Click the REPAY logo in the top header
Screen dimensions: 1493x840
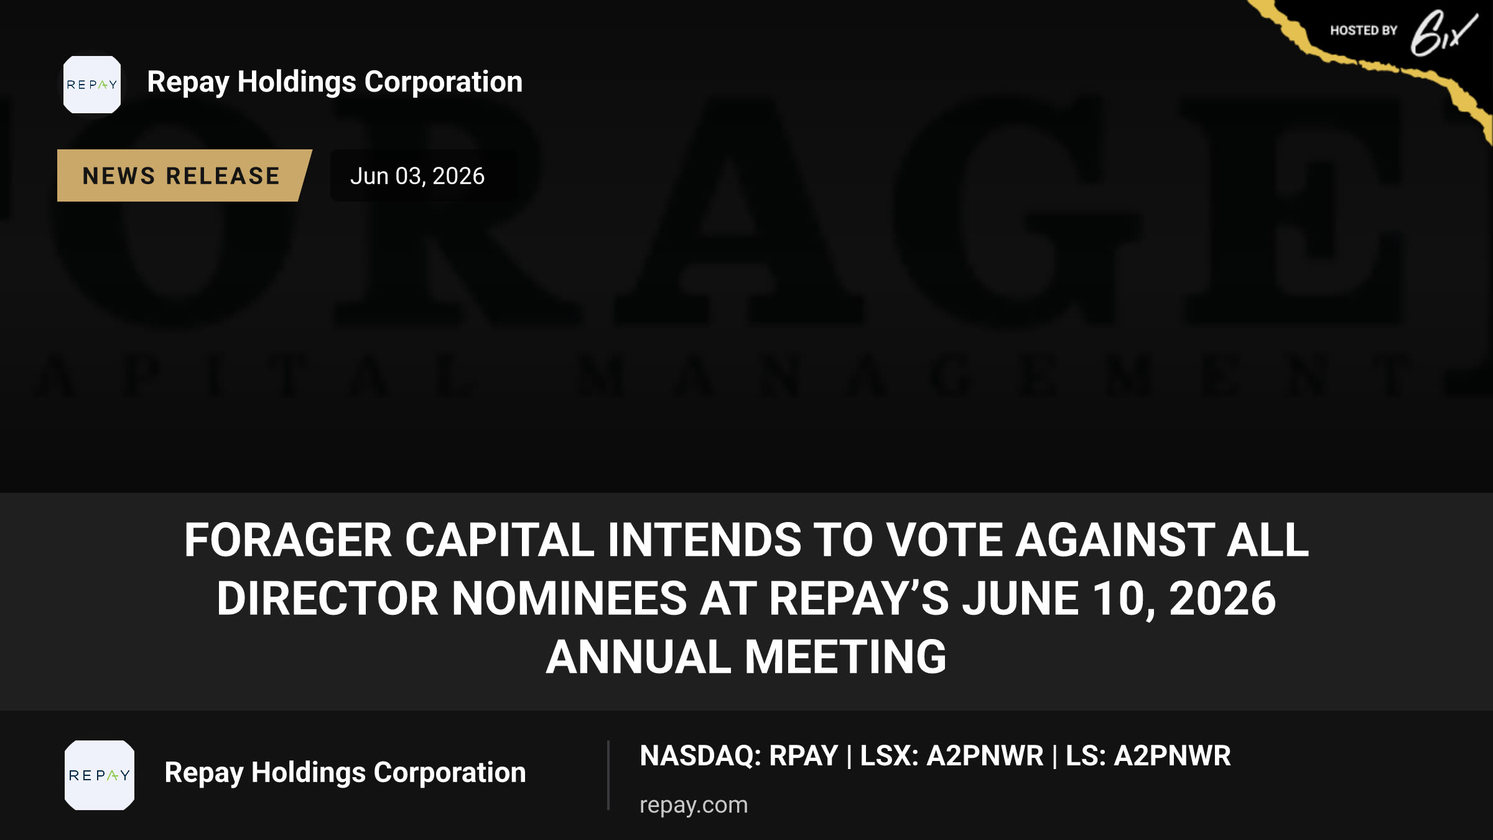pyautogui.click(x=92, y=85)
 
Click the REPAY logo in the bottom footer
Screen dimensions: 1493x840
pyautogui.click(x=100, y=775)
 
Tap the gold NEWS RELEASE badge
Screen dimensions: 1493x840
pyautogui.click(x=182, y=175)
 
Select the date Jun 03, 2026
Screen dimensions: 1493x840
pyautogui.click(x=417, y=176)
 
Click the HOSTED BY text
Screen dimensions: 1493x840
pyautogui.click(x=1364, y=30)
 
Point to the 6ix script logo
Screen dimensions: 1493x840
pyautogui.click(x=1443, y=33)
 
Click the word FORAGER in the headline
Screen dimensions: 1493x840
pyautogui.click(x=287, y=539)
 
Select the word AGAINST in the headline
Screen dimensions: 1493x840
pyautogui.click(x=1115, y=539)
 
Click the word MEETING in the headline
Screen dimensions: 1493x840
pyautogui.click(x=845, y=657)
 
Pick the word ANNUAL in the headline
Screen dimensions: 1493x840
pyautogui.click(x=638, y=657)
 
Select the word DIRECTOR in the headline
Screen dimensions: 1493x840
pyautogui.click(x=327, y=599)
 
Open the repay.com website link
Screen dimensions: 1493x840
pyautogui.click(x=694, y=805)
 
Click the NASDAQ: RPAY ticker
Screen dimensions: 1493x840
pyautogui.click(x=739, y=756)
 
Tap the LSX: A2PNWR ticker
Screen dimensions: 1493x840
pyautogui.click(x=952, y=756)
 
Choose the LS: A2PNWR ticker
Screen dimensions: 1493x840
pyautogui.click(x=1148, y=756)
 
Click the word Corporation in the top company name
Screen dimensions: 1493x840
pyautogui.click(x=444, y=82)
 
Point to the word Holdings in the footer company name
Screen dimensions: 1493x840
pyautogui.click(x=309, y=773)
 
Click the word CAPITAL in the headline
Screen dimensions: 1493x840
pyautogui.click(x=500, y=539)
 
